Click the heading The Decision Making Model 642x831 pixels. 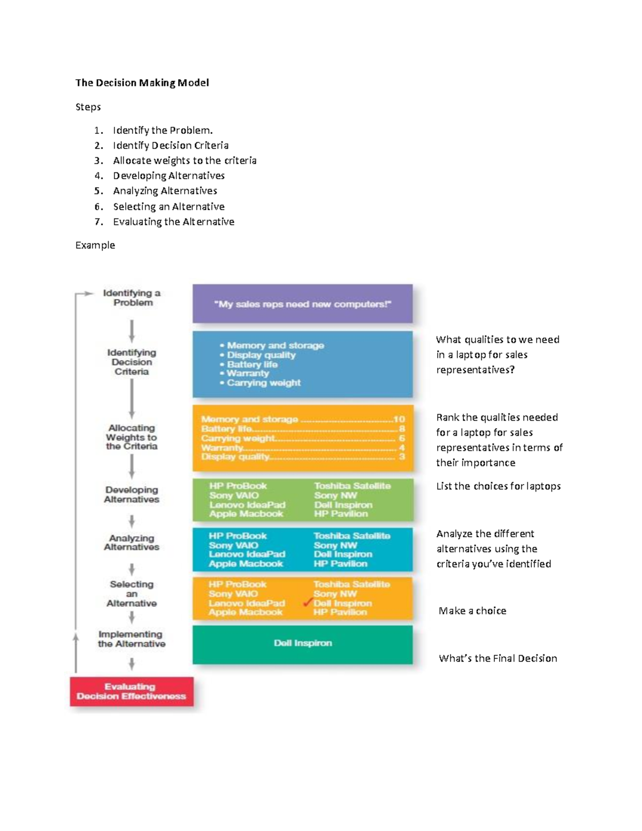pyautogui.click(x=142, y=83)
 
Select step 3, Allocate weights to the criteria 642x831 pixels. pyautogui.click(x=185, y=161)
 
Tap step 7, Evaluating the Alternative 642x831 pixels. pyautogui.click(x=173, y=222)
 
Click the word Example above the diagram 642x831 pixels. pyautogui.click(x=95, y=245)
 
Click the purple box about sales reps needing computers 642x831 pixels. pyautogui.click(x=302, y=304)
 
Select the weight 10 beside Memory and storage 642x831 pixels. pyautogui.click(x=399, y=420)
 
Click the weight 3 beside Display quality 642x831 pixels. pyautogui.click(x=402, y=456)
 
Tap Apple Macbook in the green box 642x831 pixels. pyautogui.click(x=246, y=514)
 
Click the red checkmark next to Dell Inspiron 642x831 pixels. pyautogui.click(x=308, y=603)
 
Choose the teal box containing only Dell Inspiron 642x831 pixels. pyautogui.click(x=302, y=644)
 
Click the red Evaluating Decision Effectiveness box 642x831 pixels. pyautogui.click(x=132, y=691)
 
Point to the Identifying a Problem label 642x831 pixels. pyautogui.click(x=132, y=298)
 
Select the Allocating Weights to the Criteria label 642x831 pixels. pyautogui.click(x=132, y=437)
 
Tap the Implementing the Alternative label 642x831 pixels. pyautogui.click(x=132, y=639)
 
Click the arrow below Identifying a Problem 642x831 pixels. pyautogui.click(x=132, y=331)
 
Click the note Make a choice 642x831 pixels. pyautogui.click(x=472, y=611)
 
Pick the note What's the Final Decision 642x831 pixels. pyautogui.click(x=498, y=659)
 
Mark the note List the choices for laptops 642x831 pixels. pyautogui.click(x=498, y=486)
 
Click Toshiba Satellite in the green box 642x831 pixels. pyautogui.click(x=352, y=486)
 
